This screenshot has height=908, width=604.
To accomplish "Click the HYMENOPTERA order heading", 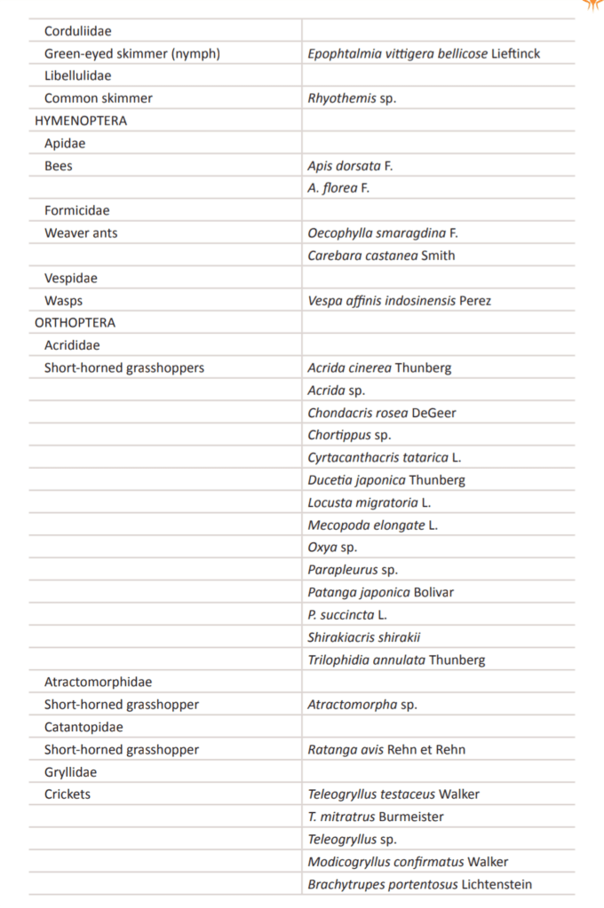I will click(x=80, y=121).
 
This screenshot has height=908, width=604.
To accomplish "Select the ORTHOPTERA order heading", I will click(x=75, y=323).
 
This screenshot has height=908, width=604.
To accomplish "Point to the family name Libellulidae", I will click(x=78, y=76).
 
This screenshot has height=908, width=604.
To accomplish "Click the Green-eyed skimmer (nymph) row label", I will click(x=132, y=54).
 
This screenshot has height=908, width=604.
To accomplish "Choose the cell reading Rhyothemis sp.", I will click(x=352, y=99).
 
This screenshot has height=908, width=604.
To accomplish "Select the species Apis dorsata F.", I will click(x=350, y=166).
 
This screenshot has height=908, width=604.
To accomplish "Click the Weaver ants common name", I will click(x=81, y=233).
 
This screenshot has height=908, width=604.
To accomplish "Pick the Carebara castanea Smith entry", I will click(x=381, y=256).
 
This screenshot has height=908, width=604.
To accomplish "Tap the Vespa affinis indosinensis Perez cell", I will click(x=399, y=301).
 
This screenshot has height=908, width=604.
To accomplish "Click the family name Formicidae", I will click(x=77, y=211).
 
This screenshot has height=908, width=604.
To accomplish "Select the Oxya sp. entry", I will click(x=332, y=548).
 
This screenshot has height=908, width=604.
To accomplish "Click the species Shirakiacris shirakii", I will click(x=364, y=637).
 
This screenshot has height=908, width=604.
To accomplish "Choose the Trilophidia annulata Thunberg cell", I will click(x=396, y=660).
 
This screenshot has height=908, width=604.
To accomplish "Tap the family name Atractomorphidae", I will click(x=98, y=683).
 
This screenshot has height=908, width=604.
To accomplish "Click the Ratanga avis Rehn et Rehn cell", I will click(x=386, y=750).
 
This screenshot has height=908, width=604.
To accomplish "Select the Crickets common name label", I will click(x=68, y=794).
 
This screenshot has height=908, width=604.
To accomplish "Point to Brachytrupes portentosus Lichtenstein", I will click(x=420, y=884).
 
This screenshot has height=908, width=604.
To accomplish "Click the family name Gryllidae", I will click(x=71, y=772).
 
